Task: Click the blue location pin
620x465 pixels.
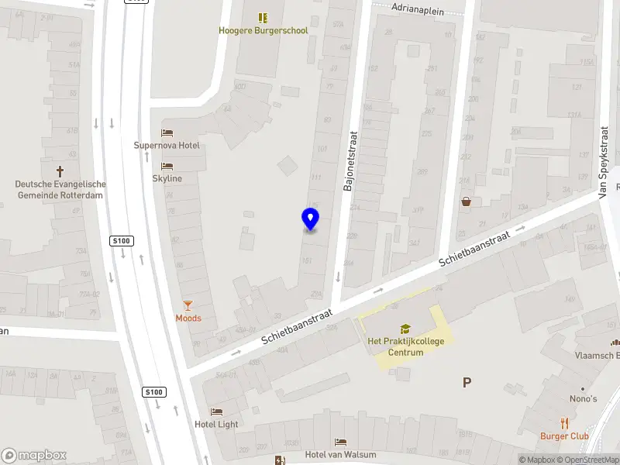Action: coord(310,219)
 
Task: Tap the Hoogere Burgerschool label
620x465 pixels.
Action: coord(263,31)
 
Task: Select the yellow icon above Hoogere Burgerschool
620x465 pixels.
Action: coord(263,17)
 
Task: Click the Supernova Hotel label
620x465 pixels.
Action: coord(167,146)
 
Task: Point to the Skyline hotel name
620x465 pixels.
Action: coord(167,178)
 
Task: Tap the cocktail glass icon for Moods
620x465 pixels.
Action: coord(188,305)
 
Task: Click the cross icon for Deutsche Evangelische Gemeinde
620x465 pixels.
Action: coord(60,170)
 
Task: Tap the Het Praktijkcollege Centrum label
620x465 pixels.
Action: coord(405,346)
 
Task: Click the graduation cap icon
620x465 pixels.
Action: coord(405,329)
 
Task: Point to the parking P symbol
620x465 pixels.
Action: coord(467,382)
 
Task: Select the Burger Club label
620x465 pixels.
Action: coord(564,436)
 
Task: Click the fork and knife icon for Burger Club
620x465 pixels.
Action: coord(564,423)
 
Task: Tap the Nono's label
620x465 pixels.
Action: coord(584,399)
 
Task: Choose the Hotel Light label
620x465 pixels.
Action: coord(216,424)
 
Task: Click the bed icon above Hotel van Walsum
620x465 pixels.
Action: coord(340,442)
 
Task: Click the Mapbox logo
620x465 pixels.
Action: coord(34,456)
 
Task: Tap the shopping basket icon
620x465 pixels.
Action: coord(466,202)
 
